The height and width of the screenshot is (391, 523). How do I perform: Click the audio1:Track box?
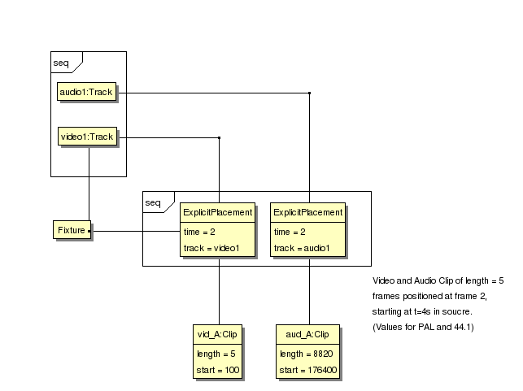tap(85, 93)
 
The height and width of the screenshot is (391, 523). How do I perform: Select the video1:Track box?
tap(87, 137)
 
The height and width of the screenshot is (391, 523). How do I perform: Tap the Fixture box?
tap(71, 231)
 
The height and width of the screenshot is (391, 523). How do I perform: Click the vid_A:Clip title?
tap(216, 334)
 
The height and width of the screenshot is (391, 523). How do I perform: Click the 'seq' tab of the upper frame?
tap(62, 62)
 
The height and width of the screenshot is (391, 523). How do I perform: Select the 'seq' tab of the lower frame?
tap(153, 202)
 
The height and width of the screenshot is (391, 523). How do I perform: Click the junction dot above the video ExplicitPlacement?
tap(219, 137)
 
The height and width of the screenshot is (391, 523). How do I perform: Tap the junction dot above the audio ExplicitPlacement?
tap(309, 93)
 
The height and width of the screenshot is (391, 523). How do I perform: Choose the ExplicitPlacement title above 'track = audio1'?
tap(308, 212)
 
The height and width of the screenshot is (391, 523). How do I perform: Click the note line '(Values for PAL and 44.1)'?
tap(423, 327)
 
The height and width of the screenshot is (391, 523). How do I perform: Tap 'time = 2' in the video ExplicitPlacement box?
tap(200, 232)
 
